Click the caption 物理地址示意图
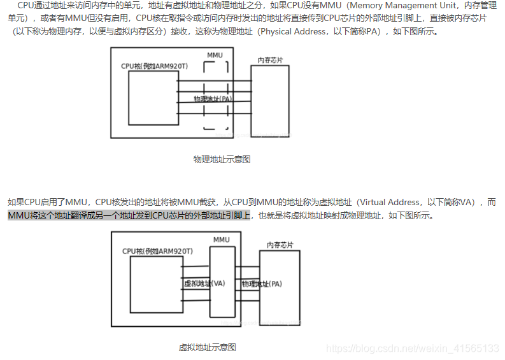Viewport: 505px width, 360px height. pos(222,159)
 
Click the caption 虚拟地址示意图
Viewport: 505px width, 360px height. pos(208,348)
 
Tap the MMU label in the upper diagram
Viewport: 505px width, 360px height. pos(215,55)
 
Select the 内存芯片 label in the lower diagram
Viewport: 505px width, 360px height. pos(280,245)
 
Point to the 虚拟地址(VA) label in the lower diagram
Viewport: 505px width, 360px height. pos(204,284)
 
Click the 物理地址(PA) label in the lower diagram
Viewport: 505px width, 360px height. pos(261,284)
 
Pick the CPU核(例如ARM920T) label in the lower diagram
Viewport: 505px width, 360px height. pos(157,251)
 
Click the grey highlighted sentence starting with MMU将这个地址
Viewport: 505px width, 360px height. pos(129,215)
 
